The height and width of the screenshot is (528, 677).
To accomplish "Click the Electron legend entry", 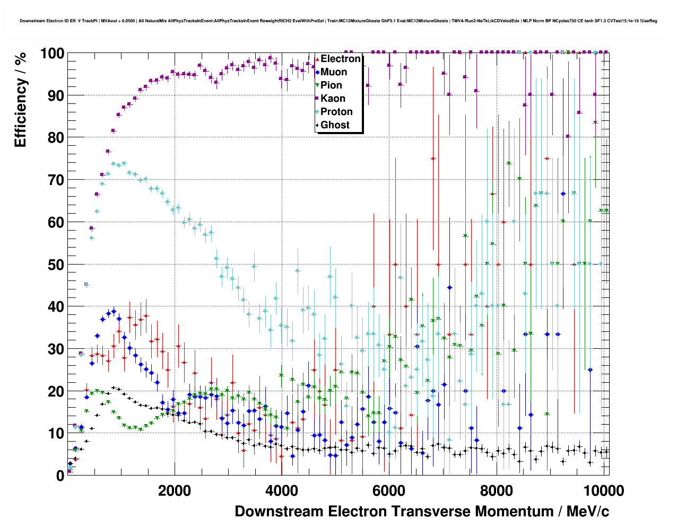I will (340, 59).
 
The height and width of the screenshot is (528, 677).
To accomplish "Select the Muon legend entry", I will (333, 72).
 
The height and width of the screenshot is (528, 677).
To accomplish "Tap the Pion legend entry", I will (331, 85).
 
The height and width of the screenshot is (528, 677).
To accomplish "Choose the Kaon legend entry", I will (333, 99).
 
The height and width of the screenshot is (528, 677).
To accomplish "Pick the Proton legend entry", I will (336, 112).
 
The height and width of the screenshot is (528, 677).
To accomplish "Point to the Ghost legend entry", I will (335, 125).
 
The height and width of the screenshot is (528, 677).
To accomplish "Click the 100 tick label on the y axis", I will (52, 54).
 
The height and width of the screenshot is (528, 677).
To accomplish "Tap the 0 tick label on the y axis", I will (60, 476).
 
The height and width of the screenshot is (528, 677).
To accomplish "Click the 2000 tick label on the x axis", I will (175, 490).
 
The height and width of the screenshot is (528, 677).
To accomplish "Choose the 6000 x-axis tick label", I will (389, 490).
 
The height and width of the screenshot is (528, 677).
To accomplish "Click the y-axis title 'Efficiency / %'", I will (21, 100).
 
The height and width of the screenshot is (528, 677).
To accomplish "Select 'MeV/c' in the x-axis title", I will (588, 512).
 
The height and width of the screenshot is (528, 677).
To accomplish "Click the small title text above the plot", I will (338, 21).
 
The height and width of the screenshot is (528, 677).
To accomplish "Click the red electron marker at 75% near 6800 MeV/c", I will (433, 159).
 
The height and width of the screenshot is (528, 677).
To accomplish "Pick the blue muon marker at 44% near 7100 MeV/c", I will (449, 287).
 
